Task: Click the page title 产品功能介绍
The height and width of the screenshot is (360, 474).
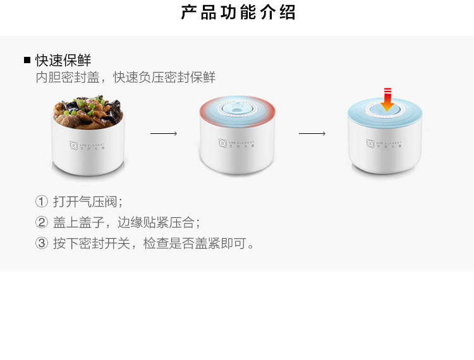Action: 238,13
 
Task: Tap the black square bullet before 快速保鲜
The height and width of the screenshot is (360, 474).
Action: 27,61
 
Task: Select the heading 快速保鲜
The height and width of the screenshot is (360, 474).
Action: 63,61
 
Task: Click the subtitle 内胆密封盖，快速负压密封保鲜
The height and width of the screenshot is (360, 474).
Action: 126,78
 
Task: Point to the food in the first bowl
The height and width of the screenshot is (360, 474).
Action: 87,110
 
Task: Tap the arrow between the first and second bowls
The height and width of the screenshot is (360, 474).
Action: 163,134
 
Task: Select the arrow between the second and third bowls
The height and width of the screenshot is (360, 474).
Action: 312,134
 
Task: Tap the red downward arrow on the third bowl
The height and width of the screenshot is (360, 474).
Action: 387,99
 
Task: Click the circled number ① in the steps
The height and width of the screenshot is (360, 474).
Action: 42,202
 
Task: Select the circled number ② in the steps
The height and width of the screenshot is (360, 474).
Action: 42,222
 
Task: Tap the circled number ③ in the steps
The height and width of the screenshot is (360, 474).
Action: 42,243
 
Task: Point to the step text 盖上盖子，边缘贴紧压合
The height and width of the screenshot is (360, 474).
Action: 126,222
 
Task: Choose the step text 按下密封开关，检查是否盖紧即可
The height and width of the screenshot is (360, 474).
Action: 154,243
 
